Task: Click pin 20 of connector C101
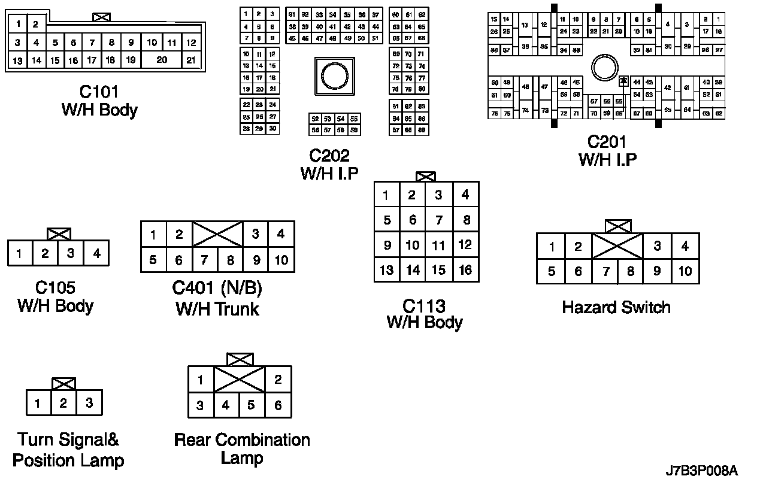click(x=162, y=60)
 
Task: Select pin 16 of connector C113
click(x=465, y=269)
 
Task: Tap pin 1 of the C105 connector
click(x=20, y=253)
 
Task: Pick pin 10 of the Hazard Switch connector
click(x=685, y=271)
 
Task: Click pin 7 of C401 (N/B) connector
click(x=205, y=260)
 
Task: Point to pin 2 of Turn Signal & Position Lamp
click(x=63, y=403)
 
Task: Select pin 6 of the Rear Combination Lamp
click(x=278, y=405)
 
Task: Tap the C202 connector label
click(x=329, y=156)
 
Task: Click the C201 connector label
click(x=607, y=142)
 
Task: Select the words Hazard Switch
click(x=616, y=308)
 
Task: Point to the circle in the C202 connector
click(x=334, y=75)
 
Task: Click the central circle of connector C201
click(x=603, y=68)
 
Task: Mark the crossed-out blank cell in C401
click(x=217, y=234)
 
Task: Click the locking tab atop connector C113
click(x=425, y=177)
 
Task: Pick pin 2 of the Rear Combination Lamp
click(x=278, y=379)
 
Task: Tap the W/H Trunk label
click(x=217, y=309)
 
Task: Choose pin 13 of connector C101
click(x=17, y=60)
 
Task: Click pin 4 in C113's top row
click(x=465, y=195)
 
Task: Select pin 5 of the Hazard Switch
click(x=552, y=271)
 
